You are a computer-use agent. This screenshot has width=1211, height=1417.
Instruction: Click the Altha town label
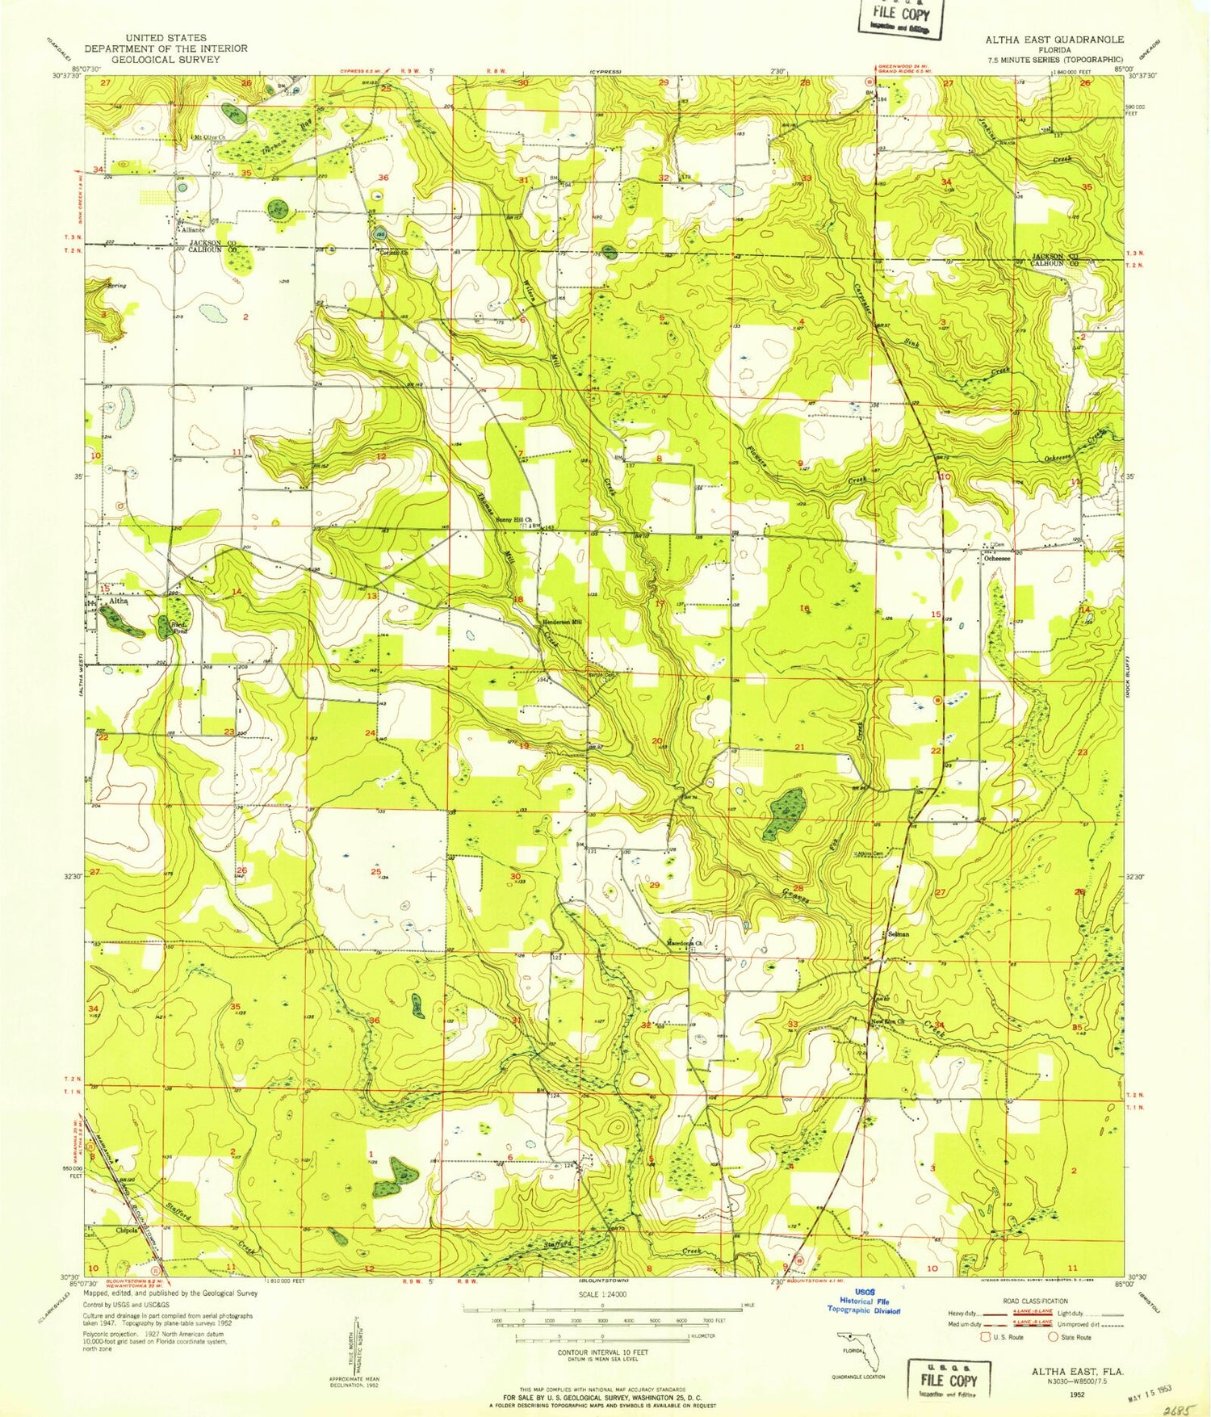coord(119,602)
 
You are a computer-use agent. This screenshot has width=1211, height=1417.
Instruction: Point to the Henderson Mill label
coord(562,622)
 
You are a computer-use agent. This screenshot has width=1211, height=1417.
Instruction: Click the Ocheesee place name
coord(995,558)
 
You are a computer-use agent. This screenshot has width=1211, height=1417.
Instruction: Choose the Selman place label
coord(898,934)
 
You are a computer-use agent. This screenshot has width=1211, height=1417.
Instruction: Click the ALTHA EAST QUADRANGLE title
coord(1054,39)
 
